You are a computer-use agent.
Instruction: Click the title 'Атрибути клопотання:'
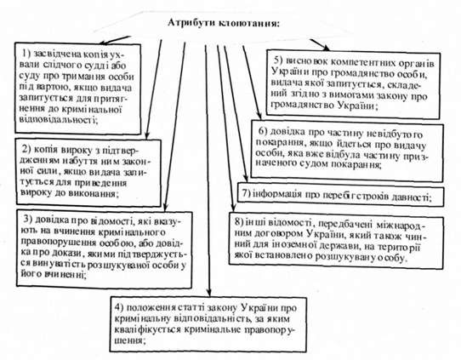point(223,23)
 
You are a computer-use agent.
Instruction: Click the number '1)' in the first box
point(26,54)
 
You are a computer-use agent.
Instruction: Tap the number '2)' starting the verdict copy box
point(27,149)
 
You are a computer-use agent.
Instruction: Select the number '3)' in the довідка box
point(27,220)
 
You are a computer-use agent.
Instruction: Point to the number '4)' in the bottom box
point(119,307)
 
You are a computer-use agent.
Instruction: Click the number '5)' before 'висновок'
point(278,60)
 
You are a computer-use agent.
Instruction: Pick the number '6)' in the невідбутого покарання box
point(263,131)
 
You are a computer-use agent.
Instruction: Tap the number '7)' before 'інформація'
point(246,194)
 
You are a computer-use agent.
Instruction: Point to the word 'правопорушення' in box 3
point(58,243)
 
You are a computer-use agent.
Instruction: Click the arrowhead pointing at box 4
point(208,293)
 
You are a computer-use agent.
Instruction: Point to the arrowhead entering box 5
point(327,48)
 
